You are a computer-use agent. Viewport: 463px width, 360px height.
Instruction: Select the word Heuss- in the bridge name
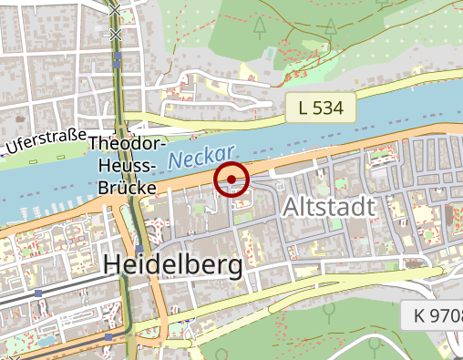(x=128, y=166)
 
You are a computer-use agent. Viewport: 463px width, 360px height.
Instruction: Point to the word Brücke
(x=128, y=188)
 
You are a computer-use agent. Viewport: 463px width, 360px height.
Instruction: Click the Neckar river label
(x=201, y=158)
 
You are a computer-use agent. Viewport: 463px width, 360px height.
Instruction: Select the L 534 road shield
(x=320, y=108)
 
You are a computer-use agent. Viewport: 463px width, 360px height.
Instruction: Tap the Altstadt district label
(x=329, y=206)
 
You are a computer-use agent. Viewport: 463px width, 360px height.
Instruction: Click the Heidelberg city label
(x=174, y=264)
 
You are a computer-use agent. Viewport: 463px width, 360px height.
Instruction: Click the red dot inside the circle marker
(x=232, y=180)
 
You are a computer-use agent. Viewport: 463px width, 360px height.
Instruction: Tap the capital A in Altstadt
(x=291, y=206)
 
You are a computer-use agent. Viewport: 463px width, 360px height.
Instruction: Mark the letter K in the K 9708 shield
(x=418, y=316)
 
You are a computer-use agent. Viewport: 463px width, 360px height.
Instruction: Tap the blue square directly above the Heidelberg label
(x=138, y=250)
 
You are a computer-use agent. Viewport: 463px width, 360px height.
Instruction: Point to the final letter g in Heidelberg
(x=234, y=267)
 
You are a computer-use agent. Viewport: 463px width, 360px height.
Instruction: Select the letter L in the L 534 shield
(x=304, y=108)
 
